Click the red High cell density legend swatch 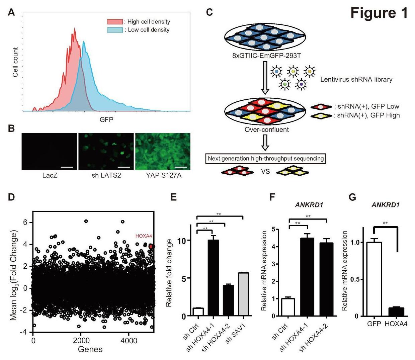point(115,22)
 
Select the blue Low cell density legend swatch point(115,30)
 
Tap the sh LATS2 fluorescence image point(106,152)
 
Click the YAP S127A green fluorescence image point(163,152)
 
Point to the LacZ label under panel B point(50,175)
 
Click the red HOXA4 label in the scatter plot point(144,236)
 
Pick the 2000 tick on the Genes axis point(82,341)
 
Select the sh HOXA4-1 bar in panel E point(213,278)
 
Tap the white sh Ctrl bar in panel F point(288,307)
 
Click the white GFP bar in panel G point(374,279)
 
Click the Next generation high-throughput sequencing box point(266,159)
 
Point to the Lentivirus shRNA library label point(356,80)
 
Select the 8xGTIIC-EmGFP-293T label point(266,55)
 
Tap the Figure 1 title point(379,13)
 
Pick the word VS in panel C point(265,172)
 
